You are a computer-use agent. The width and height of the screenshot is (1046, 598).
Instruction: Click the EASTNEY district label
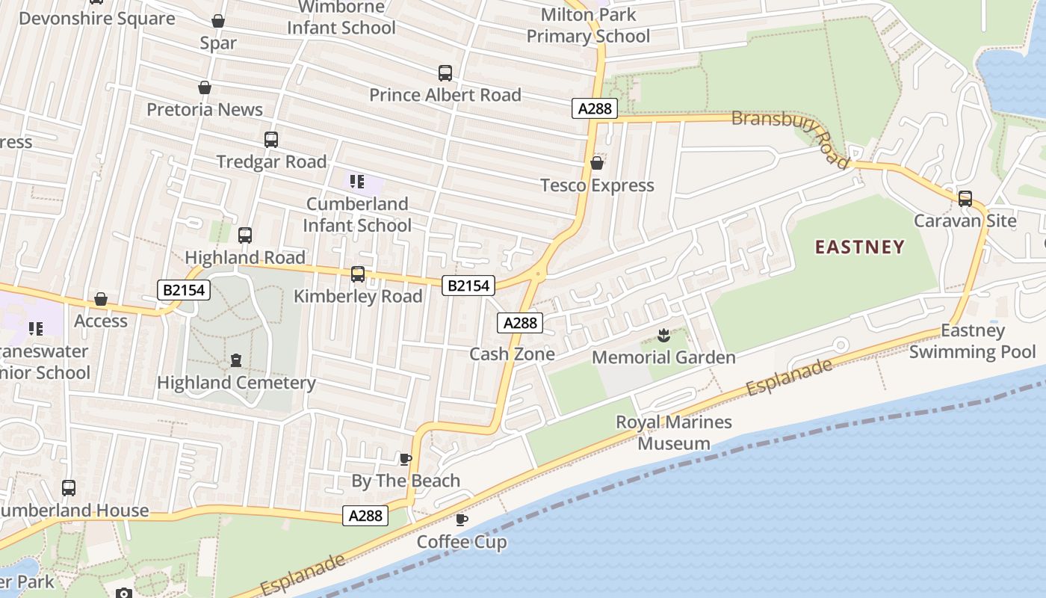859,247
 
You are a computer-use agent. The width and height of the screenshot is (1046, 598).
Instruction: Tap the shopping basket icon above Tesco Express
597,163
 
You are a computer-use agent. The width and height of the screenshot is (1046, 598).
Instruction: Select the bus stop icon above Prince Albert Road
445,73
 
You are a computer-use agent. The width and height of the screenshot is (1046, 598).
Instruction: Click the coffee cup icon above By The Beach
406,459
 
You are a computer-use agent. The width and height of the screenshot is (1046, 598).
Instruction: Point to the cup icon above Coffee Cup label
462,520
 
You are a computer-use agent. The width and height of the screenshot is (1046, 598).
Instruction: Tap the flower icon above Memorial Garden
663,336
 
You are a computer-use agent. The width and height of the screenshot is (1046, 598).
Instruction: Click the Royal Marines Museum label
673,433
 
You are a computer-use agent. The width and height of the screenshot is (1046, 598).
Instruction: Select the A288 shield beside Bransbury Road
595,108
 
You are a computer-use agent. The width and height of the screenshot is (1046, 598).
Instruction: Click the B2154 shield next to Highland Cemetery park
184,290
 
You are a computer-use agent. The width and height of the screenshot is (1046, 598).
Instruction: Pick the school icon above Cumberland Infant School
357,182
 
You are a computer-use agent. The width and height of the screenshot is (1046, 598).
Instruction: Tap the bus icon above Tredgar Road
271,140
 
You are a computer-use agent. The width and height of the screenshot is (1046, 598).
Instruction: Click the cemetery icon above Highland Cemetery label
236,361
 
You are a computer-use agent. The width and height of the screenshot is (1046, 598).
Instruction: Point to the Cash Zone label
512,354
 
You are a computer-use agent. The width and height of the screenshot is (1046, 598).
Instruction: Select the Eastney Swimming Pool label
972,341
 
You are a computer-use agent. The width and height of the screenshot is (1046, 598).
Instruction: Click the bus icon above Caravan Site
965,199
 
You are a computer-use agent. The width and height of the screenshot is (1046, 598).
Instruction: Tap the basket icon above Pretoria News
205,88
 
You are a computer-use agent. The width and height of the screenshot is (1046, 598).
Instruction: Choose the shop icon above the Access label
101,300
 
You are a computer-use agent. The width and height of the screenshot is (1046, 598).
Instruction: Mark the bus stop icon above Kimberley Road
358,274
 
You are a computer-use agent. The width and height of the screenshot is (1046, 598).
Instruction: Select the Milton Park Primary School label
588,25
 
